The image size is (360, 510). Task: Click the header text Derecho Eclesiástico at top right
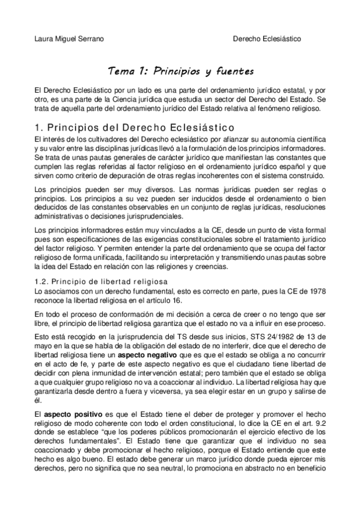267,39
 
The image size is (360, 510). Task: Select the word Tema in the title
121,72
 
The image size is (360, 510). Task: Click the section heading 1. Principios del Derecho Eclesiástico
133,127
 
